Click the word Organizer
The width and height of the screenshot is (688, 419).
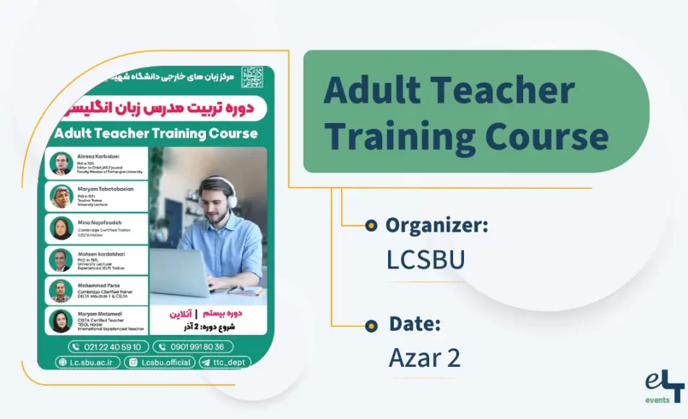(x=436, y=225)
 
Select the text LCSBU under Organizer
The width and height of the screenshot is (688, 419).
(x=425, y=259)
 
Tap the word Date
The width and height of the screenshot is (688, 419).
(x=414, y=324)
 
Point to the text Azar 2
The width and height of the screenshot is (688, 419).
(x=423, y=357)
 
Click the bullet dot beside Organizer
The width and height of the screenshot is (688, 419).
(x=371, y=226)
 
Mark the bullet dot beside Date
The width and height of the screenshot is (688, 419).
(x=371, y=325)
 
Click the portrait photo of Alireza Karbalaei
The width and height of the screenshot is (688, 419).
(x=61, y=164)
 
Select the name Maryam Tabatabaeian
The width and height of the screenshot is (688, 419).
(x=106, y=188)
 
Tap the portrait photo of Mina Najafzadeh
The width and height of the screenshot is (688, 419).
(x=61, y=228)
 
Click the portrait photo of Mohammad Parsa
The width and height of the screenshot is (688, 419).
(x=61, y=291)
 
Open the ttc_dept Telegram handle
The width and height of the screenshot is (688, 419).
(x=225, y=363)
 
